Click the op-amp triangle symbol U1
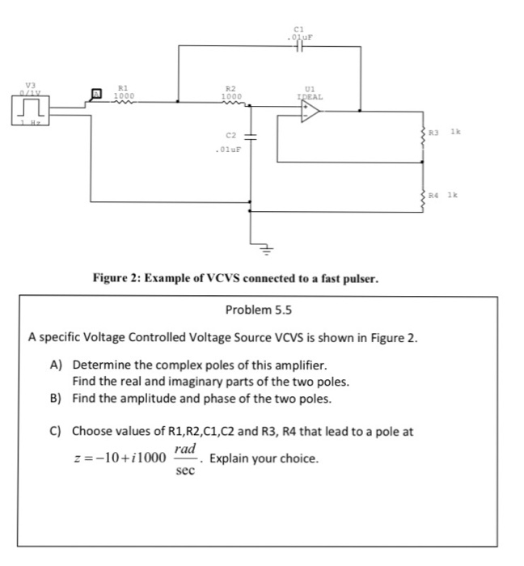[x=310, y=114]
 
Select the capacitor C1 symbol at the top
[x=300, y=46]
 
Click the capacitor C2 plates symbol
[x=250, y=134]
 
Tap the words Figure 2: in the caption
[x=120, y=279]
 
